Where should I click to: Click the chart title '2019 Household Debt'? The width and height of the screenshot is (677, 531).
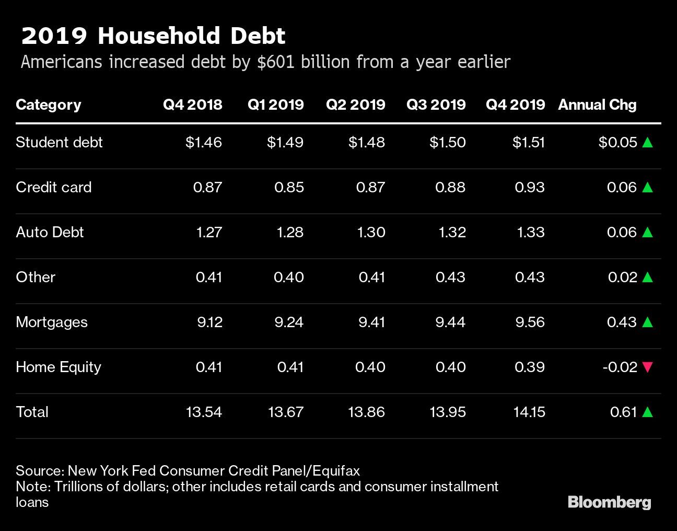pyautogui.click(x=153, y=36)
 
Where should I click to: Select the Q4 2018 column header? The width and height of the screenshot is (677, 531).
pyautogui.click(x=192, y=105)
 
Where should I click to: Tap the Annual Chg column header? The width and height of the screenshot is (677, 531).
pyautogui.click(x=597, y=105)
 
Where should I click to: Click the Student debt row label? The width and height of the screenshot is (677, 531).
pyautogui.click(x=59, y=142)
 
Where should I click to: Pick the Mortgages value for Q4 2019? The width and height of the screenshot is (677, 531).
pyautogui.click(x=530, y=322)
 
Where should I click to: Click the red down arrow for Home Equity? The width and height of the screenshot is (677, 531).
pyautogui.click(x=647, y=367)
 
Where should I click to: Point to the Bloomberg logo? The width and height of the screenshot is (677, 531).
pyautogui.click(x=609, y=502)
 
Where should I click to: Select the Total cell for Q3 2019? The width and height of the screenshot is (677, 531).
pyautogui.click(x=448, y=412)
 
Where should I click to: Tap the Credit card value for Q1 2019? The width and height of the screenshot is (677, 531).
pyautogui.click(x=289, y=187)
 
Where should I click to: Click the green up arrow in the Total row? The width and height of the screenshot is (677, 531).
pyautogui.click(x=647, y=412)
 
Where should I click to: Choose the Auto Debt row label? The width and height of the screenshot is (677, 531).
pyautogui.click(x=50, y=232)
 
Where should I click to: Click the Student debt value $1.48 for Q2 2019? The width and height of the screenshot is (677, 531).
pyautogui.click(x=367, y=142)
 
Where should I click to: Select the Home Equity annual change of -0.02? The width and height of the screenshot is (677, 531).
pyautogui.click(x=620, y=367)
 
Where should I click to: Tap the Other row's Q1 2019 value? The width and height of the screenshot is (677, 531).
pyautogui.click(x=288, y=277)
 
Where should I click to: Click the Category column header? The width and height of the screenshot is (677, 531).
pyautogui.click(x=49, y=105)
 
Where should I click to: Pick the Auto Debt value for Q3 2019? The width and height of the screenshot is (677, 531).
pyautogui.click(x=450, y=232)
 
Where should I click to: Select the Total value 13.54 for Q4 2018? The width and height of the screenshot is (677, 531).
pyautogui.click(x=204, y=412)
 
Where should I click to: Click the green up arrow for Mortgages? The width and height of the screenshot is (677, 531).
pyautogui.click(x=647, y=322)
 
